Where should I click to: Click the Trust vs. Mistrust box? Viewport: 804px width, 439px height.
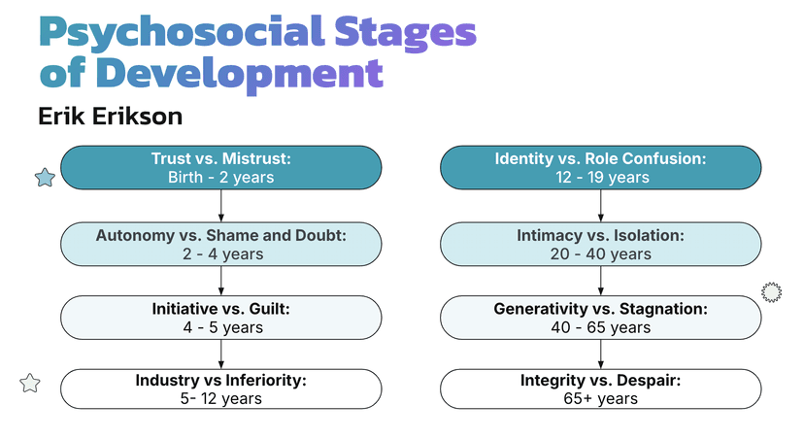(220, 167)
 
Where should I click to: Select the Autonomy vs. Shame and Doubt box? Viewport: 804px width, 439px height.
(220, 244)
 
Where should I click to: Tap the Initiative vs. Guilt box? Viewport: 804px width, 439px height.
(220, 317)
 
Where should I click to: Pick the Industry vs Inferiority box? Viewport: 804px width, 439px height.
(220, 388)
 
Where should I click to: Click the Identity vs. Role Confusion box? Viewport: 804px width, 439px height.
(600, 167)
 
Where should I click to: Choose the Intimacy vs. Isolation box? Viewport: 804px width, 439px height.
(600, 244)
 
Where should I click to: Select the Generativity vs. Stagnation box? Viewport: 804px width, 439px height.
(600, 317)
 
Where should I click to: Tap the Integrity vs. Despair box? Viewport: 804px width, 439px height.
(600, 388)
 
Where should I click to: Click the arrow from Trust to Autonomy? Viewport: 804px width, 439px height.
(221, 206)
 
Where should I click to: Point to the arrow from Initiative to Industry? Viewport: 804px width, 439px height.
(221, 354)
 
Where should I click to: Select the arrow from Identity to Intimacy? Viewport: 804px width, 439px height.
(601, 206)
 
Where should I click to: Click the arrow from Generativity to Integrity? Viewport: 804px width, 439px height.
(601, 354)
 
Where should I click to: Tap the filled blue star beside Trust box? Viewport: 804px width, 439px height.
(44, 177)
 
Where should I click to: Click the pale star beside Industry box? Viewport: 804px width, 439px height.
(30, 383)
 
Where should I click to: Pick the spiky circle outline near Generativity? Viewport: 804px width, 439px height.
(772, 291)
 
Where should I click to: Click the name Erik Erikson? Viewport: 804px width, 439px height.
(110, 117)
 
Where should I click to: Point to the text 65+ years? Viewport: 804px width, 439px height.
(600, 398)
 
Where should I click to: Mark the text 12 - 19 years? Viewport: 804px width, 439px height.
(600, 177)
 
